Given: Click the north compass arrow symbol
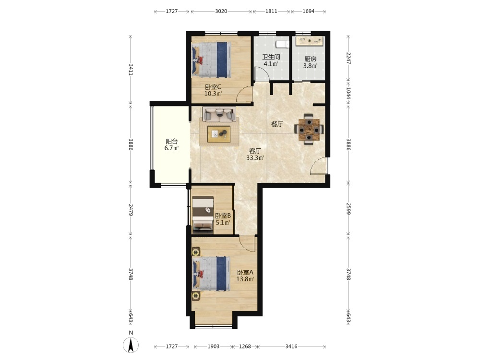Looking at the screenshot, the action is pos(131,345).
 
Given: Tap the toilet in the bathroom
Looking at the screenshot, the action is pos(282,44).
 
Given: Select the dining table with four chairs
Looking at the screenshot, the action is pos(309,129).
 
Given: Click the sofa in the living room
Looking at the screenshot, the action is pos(219,115).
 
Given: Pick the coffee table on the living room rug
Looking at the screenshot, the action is pos(219,134).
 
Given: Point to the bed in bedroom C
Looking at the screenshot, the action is pos(211,60).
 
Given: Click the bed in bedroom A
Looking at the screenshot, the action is pos(211,274).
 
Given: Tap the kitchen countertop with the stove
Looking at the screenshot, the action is pos(310,41).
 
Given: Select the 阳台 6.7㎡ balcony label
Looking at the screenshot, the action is pos(171,145).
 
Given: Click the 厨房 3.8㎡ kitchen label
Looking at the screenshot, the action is pos(310,62).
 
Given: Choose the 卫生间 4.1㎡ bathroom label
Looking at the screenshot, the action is pos(271,60).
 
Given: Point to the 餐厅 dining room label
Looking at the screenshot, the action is pos(277,124).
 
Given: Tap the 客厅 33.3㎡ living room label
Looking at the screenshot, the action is pos(255,154).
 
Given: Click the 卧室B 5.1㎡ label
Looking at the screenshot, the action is pos(223,219).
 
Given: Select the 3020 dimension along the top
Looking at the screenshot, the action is pos(221,12).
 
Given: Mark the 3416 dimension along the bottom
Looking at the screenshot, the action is pos(291,347).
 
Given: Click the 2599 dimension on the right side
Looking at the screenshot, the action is pos(348,208).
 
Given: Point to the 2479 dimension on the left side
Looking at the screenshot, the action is pos(131,210).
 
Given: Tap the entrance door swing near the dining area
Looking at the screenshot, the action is pos(319,166).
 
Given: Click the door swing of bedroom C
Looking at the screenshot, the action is pos(245,94).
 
